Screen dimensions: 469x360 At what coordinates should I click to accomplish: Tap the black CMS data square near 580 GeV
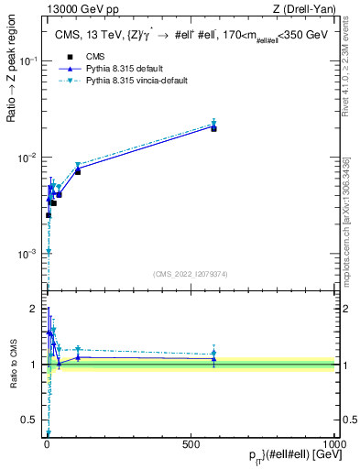pos(213,128)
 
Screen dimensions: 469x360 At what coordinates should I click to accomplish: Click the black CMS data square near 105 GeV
pos(78,171)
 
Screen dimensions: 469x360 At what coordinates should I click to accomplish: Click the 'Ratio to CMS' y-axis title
pos(13,365)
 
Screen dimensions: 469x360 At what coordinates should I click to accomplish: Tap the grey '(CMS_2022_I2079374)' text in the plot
pos(190,272)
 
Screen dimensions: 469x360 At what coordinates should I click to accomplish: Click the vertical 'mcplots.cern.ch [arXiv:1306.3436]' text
pos(347,229)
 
